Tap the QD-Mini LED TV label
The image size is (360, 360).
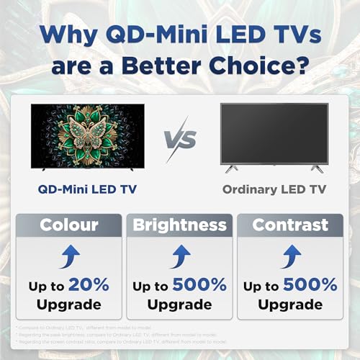pyautogui.click(x=88, y=189)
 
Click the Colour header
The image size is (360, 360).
pyautogui.click(x=69, y=225)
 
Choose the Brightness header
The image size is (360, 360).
pyautogui.click(x=179, y=225)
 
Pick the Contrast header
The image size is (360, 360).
pyautogui.click(x=290, y=225)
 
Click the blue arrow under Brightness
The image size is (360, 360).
pyautogui.click(x=179, y=255)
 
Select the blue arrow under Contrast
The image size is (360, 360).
pyautogui.click(x=290, y=255)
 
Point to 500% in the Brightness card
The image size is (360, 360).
pyautogui.click(x=202, y=285)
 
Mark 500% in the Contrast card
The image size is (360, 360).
pyautogui.click(x=312, y=285)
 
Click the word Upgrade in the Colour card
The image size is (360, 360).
pyautogui.click(x=68, y=305)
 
